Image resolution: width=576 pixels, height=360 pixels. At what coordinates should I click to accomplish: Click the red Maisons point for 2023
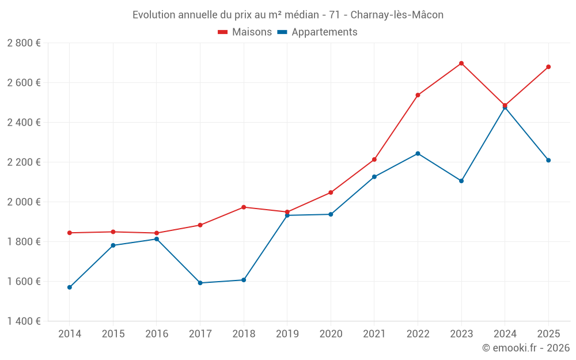coord(461,63)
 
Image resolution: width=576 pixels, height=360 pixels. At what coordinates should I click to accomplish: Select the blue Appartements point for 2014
coord(70,287)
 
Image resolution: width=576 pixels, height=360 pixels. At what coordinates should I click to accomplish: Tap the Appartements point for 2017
coord(200,283)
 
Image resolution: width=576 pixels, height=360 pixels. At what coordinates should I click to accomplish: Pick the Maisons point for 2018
coord(244,207)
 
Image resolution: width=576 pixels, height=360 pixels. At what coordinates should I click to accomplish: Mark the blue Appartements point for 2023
coord(461,181)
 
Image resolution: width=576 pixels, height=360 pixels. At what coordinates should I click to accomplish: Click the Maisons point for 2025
coord(548,67)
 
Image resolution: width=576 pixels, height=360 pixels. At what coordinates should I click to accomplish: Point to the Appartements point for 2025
coord(548,160)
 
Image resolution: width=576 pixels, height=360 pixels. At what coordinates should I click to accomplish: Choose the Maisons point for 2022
coord(418,95)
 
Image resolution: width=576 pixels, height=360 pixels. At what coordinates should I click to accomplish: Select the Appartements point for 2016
coord(157,239)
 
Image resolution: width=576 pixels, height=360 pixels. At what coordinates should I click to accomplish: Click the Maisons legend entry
coord(245,32)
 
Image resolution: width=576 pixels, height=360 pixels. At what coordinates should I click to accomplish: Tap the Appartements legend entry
coord(317,32)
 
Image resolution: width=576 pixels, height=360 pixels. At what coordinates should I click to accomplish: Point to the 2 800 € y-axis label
coord(24,43)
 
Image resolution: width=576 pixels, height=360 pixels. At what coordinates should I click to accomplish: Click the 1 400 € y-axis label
coord(24,321)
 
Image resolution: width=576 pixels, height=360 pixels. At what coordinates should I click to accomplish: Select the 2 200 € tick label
coord(24,162)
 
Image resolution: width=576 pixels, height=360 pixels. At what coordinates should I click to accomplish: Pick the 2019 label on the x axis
coord(287,334)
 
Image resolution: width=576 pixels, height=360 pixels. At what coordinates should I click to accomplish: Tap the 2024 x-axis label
coord(505,334)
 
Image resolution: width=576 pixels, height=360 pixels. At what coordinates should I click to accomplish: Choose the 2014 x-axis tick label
coord(70,334)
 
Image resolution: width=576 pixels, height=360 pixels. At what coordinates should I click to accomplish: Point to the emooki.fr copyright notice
coord(525,348)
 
